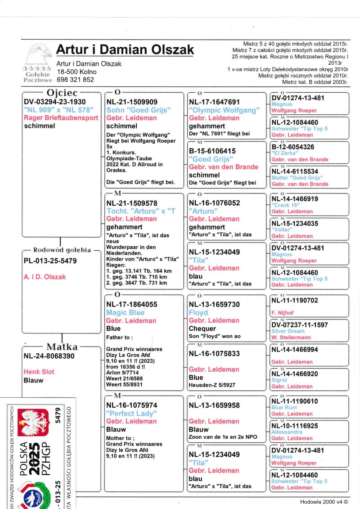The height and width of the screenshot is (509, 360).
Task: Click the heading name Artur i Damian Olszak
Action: point(125,50)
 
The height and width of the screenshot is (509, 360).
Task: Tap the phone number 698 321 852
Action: point(75,80)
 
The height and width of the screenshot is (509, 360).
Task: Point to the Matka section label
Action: point(62,347)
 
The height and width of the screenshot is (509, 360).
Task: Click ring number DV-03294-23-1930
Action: point(54,102)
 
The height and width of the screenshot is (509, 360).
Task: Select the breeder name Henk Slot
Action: point(39,372)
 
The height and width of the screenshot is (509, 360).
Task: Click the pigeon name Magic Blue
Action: point(125,312)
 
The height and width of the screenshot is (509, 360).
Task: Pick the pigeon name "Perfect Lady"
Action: point(131,413)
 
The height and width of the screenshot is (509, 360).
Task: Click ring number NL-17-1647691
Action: point(214,102)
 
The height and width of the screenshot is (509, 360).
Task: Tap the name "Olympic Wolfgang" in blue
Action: point(224,110)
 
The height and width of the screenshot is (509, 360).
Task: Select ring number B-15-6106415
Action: point(212,151)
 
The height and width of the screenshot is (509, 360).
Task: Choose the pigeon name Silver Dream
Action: point(288,331)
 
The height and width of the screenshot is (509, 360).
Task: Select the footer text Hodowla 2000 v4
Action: point(324,502)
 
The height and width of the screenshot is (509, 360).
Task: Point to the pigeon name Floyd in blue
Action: point(198,312)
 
